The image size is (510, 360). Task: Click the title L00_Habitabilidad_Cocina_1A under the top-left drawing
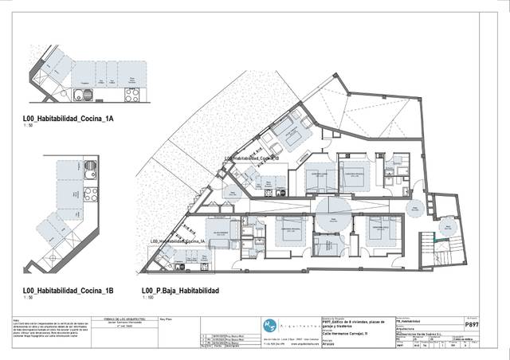[69, 119]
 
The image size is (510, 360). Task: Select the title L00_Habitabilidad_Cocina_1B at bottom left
[69, 290]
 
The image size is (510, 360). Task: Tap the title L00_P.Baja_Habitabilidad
[180, 290]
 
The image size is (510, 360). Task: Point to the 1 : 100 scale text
[147, 298]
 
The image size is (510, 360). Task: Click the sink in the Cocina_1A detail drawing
[81, 96]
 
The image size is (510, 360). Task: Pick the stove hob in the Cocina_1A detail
[133, 96]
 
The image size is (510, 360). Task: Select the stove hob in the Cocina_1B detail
[90, 192]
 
